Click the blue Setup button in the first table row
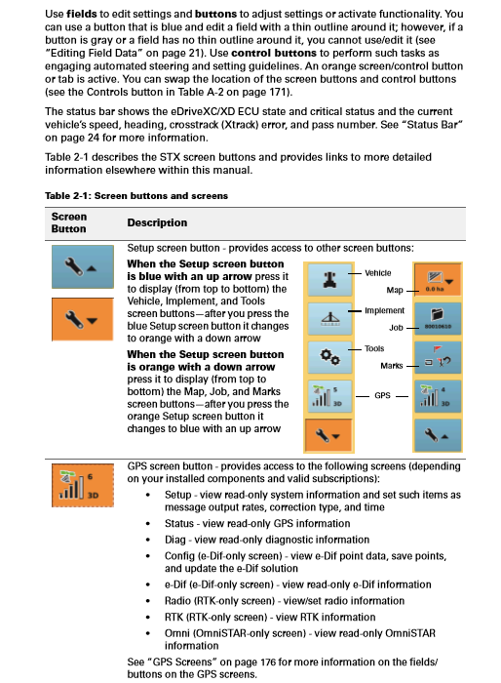83,266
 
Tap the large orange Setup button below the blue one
83,319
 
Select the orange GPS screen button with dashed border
83,485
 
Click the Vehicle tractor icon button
329,279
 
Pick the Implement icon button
329,318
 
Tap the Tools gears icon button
329,357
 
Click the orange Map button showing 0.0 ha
438,279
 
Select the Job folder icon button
438,318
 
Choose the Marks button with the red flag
438,357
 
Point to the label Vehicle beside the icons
378,273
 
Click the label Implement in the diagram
384,310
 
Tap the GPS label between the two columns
382,395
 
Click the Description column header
157,222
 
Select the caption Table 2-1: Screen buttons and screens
136,195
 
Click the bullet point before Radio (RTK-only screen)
148,601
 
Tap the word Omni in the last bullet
176,633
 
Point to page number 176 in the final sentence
268,663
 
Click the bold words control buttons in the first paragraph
274,53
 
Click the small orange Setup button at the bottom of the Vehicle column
328,435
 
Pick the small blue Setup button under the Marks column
438,435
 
